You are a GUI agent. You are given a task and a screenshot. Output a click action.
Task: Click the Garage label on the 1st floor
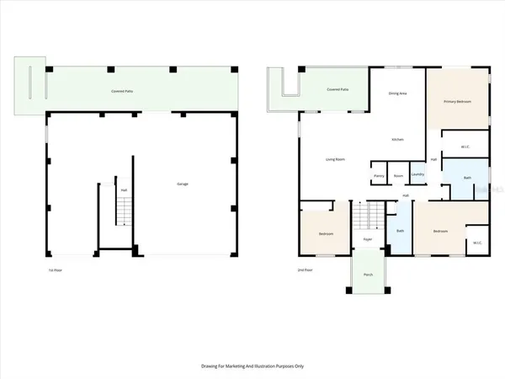[181, 183]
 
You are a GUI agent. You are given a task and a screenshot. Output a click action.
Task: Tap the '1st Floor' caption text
[55, 270]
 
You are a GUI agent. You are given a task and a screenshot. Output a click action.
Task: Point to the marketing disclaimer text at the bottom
[252, 366]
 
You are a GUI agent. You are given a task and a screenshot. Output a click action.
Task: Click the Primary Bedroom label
[459, 101]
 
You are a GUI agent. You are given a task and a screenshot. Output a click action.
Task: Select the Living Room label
[338, 159]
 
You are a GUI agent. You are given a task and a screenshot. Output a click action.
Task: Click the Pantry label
[379, 175]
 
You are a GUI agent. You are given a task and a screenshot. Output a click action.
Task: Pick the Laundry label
[417, 175]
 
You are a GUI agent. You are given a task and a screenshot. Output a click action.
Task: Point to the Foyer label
[368, 239]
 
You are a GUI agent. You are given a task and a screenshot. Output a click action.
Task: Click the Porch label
[368, 275]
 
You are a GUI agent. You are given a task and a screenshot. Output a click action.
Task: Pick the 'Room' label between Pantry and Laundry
[398, 175]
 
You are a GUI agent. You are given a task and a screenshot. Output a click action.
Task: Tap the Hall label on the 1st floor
[124, 189]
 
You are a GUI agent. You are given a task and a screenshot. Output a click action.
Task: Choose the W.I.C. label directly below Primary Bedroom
[465, 147]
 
